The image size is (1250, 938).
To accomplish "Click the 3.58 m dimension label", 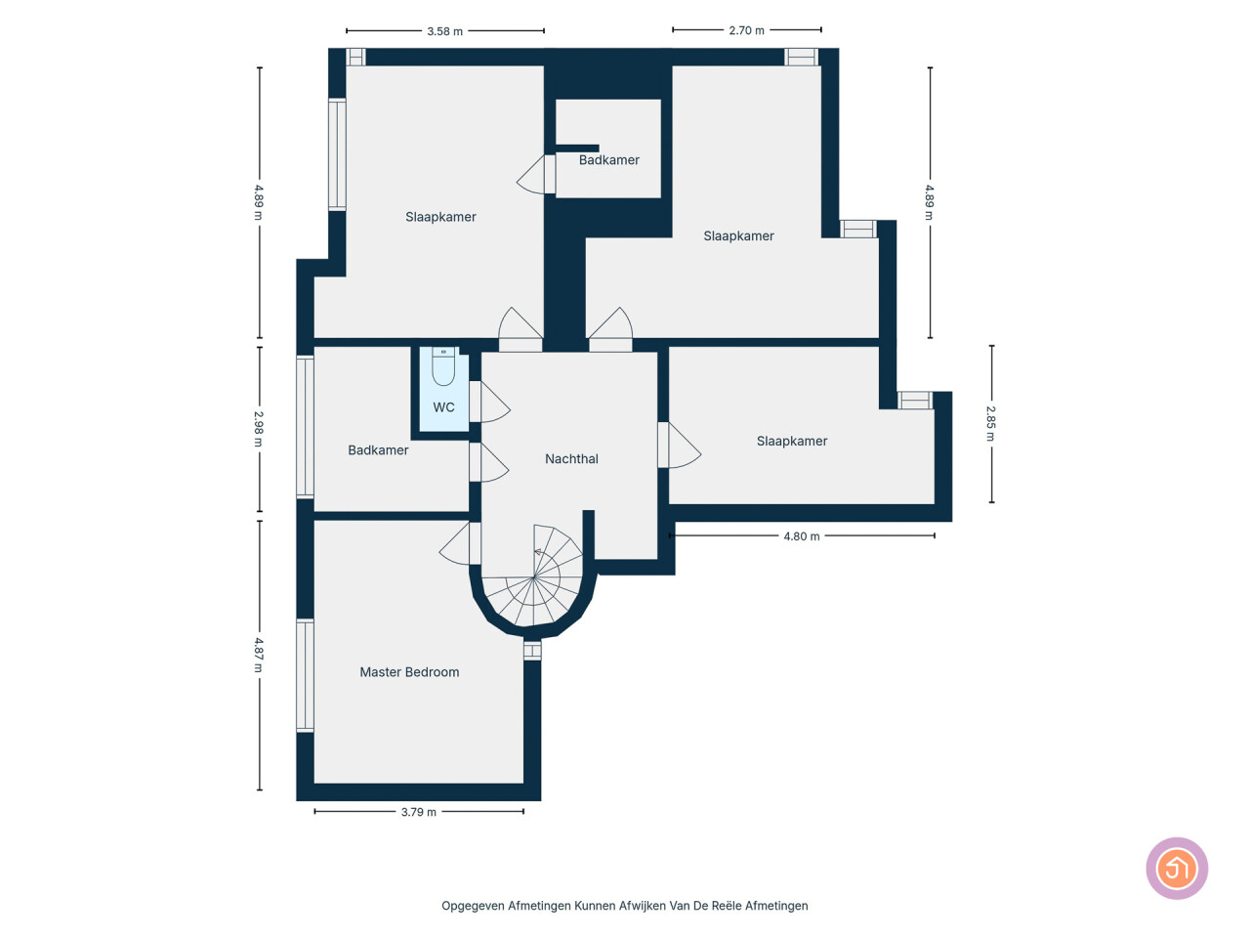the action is [444, 31].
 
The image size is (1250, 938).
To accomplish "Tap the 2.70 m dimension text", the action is [746, 30].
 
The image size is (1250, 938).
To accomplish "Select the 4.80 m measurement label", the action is [801, 536].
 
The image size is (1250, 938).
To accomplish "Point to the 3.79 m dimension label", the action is [419, 812].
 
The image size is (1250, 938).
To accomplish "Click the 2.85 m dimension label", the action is [991, 423].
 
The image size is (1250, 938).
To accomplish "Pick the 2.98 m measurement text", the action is [259, 429].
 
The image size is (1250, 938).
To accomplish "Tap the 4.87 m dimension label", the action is [259, 655].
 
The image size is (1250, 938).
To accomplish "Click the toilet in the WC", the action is [443, 366].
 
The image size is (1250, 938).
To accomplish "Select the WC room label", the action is [443, 407].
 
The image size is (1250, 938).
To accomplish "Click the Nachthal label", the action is [571, 459].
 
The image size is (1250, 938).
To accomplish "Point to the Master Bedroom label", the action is [409, 672].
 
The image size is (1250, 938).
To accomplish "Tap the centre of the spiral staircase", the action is [533, 577].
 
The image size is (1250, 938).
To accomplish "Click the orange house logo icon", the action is [1177, 869].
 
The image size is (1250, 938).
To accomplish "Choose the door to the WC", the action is [489, 403].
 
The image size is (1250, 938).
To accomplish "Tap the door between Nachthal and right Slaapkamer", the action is [680, 445].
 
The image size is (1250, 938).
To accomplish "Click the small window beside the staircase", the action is [532, 651].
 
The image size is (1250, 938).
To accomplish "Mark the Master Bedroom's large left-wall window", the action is [306, 675].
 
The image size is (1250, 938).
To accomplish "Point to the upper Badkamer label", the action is [608, 160].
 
